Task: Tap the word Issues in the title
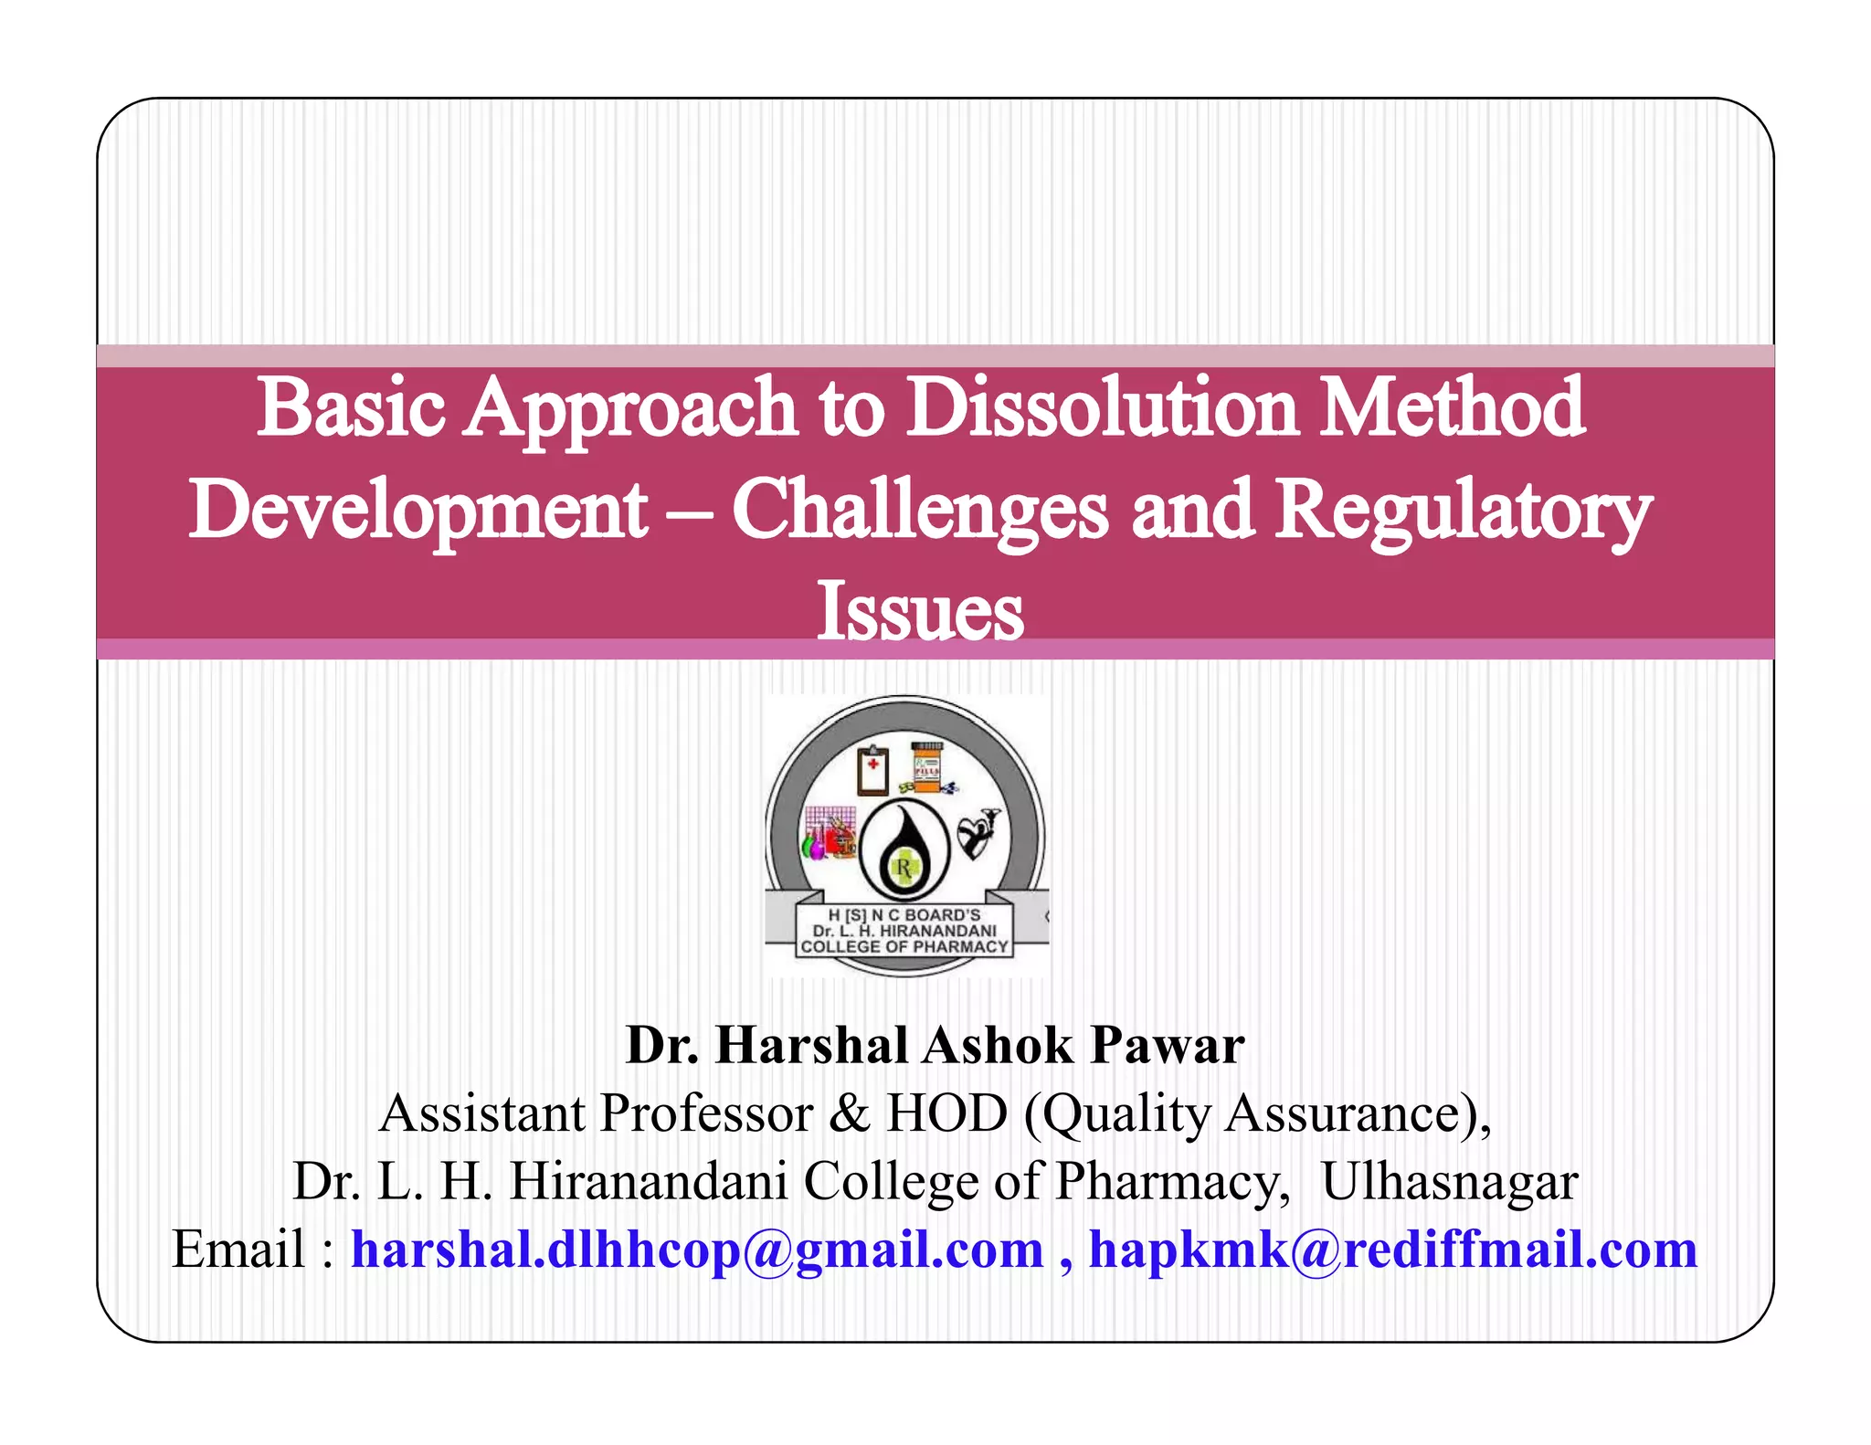click(x=920, y=611)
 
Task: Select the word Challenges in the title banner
click(x=920, y=509)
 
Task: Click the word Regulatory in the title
click(x=1464, y=511)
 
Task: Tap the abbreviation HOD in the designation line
click(x=946, y=1113)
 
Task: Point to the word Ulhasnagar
click(x=1449, y=1181)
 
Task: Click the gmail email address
click(x=697, y=1250)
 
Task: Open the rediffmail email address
click(x=1392, y=1250)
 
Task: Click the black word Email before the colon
click(x=238, y=1250)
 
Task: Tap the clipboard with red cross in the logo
click(x=872, y=770)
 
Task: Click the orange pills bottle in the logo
click(x=925, y=766)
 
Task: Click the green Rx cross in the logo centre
click(x=904, y=867)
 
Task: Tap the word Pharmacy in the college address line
click(x=1167, y=1182)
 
